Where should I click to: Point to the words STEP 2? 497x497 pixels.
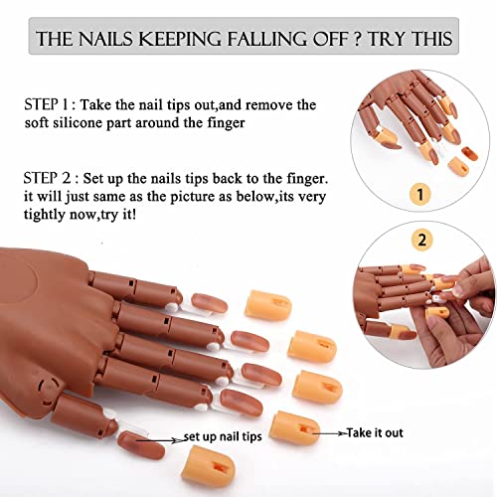(48, 179)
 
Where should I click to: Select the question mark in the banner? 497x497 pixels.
(361, 40)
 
